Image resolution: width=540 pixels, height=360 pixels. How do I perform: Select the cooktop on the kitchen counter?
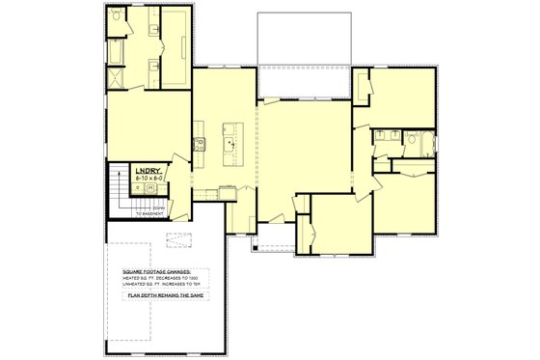point(201,146)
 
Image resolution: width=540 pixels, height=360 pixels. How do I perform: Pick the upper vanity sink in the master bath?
point(154,30)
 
